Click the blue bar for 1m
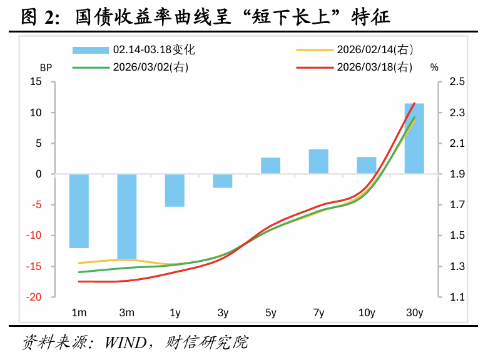pyautogui.click(x=79, y=211)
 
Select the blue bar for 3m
pyautogui.click(x=127, y=216)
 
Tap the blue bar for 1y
pyautogui.click(x=175, y=190)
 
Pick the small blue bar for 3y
pyautogui.click(x=223, y=181)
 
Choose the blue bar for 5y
pyautogui.click(x=271, y=166)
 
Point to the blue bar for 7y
pyautogui.click(x=318, y=162)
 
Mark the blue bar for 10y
pyautogui.click(x=367, y=166)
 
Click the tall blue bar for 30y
pyautogui.click(x=414, y=138)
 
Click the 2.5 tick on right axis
pyautogui.click(x=457, y=82)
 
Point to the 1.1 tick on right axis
pyautogui.click(x=457, y=297)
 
